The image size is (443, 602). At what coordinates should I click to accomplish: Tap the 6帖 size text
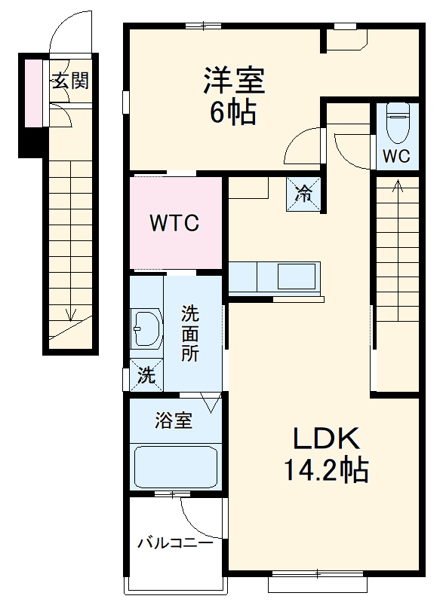tap(232, 113)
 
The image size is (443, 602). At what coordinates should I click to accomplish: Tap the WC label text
tap(396, 156)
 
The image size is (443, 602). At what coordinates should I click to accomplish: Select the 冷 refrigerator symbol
tap(303, 194)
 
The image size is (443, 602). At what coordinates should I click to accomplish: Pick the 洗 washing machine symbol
tap(146, 375)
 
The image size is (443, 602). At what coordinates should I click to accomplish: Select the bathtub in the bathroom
tap(175, 467)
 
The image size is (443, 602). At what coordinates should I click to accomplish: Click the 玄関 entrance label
tap(69, 81)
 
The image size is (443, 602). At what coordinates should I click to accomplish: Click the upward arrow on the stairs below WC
tap(398, 185)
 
